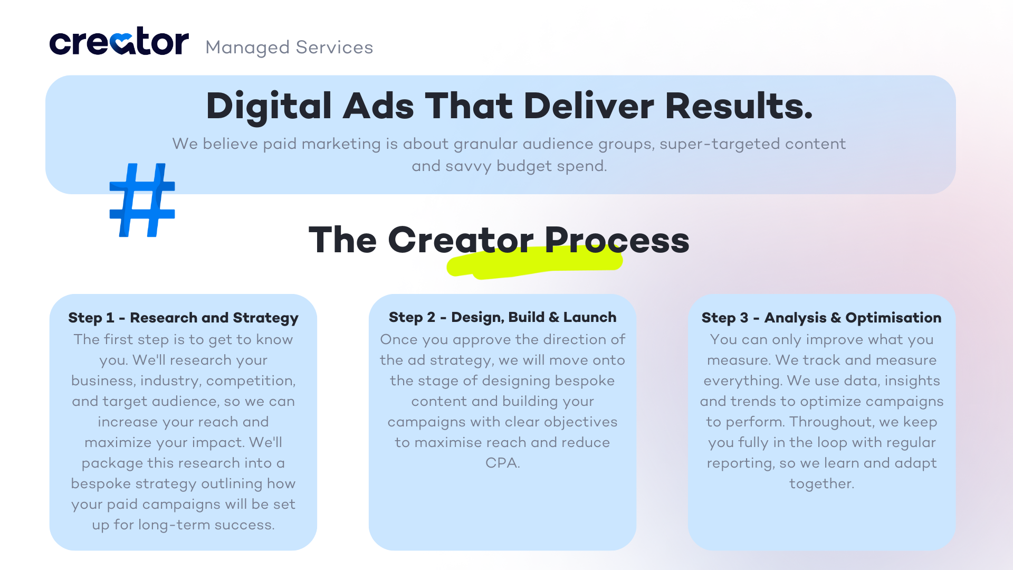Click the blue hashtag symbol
142,200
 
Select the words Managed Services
289,47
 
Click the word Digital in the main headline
269,107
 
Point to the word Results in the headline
739,107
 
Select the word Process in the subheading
617,241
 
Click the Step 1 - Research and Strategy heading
183,318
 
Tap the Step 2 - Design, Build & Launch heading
502,317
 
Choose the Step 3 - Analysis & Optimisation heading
821,318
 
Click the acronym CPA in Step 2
502,463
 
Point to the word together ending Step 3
821,484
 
